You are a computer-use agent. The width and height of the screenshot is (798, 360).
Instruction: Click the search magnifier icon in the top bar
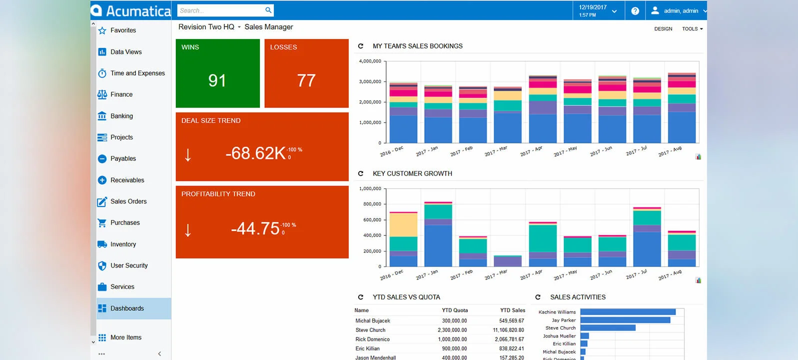pyautogui.click(x=268, y=10)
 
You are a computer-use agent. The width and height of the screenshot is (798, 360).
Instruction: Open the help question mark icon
pyautogui.click(x=635, y=10)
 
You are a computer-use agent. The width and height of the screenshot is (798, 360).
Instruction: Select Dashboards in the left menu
pyautogui.click(x=127, y=308)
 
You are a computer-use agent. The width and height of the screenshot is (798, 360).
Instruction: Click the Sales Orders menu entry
pyautogui.click(x=128, y=201)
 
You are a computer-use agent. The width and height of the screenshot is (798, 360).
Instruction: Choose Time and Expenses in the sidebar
pyautogui.click(x=137, y=73)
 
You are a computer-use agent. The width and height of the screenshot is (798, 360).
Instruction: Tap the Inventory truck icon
pyautogui.click(x=102, y=244)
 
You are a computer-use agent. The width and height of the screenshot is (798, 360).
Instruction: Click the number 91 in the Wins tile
pyautogui.click(x=217, y=80)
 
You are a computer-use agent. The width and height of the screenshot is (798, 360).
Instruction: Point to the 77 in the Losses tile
pyautogui.click(x=306, y=80)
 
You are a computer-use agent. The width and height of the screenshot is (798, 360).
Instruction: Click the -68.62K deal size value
pyautogui.click(x=255, y=153)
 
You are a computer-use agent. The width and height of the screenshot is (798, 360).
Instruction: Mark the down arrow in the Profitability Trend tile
pyautogui.click(x=188, y=230)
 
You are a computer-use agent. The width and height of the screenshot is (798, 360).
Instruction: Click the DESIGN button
pyautogui.click(x=663, y=29)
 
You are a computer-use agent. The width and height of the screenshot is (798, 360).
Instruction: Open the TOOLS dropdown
pyautogui.click(x=692, y=29)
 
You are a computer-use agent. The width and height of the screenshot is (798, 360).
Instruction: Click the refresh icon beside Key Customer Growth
pyautogui.click(x=361, y=173)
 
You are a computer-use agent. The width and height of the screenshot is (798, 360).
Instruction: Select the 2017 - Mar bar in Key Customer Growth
pyautogui.click(x=508, y=261)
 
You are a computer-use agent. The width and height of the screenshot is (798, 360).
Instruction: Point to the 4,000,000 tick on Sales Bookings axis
pyautogui.click(x=370, y=61)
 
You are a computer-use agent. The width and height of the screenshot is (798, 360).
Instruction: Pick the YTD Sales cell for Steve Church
pyautogui.click(x=508, y=330)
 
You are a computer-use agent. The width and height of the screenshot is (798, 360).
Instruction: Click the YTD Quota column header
pyautogui.click(x=455, y=310)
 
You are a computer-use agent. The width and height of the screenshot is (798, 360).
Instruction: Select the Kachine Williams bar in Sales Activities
pyautogui.click(x=628, y=312)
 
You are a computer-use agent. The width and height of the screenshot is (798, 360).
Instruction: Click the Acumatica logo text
pyautogui.click(x=138, y=10)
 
